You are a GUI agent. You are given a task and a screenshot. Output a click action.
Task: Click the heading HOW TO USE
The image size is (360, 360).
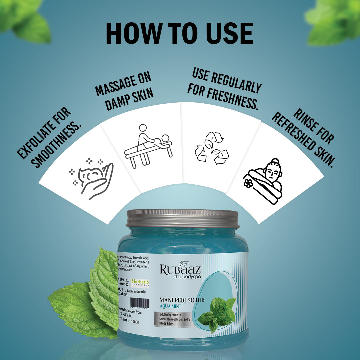click(x=180, y=33)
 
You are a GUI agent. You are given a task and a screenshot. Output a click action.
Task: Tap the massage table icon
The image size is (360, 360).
click(x=148, y=146)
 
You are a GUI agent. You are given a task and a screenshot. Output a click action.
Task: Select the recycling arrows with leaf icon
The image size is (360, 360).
click(x=212, y=148)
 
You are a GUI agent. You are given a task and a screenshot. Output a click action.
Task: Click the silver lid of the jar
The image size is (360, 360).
click(x=183, y=218)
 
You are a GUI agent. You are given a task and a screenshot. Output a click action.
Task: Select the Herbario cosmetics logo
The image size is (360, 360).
click(x=140, y=283)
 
